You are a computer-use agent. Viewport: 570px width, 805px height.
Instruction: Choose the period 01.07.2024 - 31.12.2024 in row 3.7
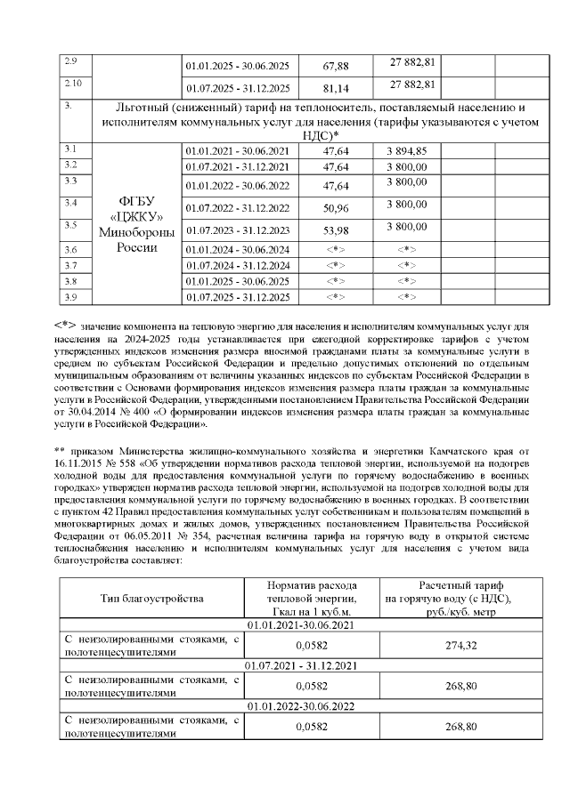(x=238, y=266)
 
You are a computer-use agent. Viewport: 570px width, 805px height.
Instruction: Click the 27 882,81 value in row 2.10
(x=411, y=85)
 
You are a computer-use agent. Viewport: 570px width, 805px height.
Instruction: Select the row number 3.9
(x=72, y=294)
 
